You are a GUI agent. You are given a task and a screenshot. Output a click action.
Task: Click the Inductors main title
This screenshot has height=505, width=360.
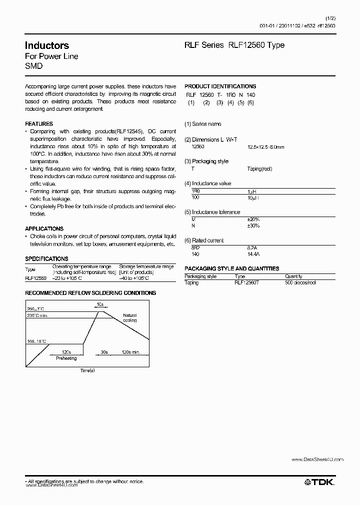(47, 45)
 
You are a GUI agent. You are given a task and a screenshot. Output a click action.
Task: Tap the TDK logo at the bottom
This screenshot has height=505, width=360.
(319, 482)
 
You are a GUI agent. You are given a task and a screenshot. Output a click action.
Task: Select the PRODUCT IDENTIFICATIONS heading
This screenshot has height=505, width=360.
(220, 86)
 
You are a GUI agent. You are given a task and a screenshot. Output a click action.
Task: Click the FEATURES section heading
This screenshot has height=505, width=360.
(39, 124)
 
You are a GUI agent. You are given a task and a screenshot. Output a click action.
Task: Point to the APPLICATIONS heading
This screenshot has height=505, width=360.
(44, 229)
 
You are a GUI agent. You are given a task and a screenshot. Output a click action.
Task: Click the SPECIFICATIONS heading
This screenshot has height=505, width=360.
(46, 259)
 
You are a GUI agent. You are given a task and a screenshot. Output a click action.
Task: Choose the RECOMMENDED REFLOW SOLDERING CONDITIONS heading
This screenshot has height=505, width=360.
(90, 293)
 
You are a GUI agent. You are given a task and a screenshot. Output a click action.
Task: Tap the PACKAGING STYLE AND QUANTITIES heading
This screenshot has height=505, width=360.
(231, 268)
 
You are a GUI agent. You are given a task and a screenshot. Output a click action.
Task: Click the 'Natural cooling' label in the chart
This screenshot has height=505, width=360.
(129, 318)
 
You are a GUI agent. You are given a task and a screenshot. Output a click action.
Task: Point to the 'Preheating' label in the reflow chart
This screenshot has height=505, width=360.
(66, 358)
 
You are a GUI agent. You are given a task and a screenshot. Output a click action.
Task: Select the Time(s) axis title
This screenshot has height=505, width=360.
(87, 371)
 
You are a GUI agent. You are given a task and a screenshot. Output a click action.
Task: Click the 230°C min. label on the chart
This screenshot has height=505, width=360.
(38, 315)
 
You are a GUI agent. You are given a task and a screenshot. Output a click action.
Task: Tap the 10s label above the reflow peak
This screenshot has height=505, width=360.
(100, 303)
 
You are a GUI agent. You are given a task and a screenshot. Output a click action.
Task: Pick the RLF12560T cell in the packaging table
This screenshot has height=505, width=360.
(246, 282)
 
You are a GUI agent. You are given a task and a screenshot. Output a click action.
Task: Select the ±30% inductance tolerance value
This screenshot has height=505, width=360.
(253, 226)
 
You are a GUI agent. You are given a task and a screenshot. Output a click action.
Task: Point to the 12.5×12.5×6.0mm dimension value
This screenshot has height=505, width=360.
(265, 147)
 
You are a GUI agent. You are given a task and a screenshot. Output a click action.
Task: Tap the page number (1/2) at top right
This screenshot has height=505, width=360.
(330, 18)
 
